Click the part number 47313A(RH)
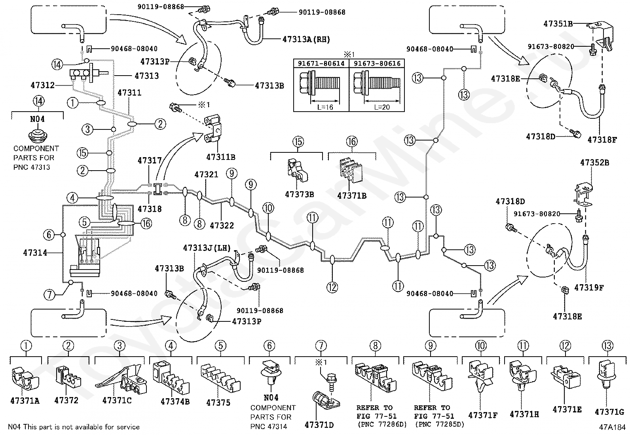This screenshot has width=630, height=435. click(x=306, y=39)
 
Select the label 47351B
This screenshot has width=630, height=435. click(x=558, y=24)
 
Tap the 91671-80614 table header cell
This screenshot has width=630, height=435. click(x=321, y=63)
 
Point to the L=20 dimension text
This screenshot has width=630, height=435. click(x=382, y=107)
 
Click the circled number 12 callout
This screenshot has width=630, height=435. click(x=332, y=287)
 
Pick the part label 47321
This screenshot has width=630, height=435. click(x=207, y=175)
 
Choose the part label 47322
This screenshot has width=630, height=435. click(x=222, y=225)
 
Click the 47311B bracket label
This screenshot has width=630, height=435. click(x=221, y=157)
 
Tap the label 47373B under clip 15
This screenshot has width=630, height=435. click(x=299, y=194)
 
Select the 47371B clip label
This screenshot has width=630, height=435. click(x=352, y=196)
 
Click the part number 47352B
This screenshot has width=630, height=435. click(x=594, y=163)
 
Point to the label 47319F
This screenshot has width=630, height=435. click(x=589, y=288)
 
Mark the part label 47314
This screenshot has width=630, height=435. click(x=35, y=253)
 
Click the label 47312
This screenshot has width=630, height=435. click(x=42, y=85)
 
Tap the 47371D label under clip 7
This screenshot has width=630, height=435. click(x=319, y=425)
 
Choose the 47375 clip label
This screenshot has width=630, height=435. click(x=218, y=403)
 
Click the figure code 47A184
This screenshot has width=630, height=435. click(x=612, y=427)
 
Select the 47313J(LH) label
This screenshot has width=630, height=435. click(x=207, y=248)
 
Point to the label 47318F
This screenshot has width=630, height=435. click(x=602, y=140)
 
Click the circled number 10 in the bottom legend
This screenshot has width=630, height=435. click(x=481, y=346)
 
